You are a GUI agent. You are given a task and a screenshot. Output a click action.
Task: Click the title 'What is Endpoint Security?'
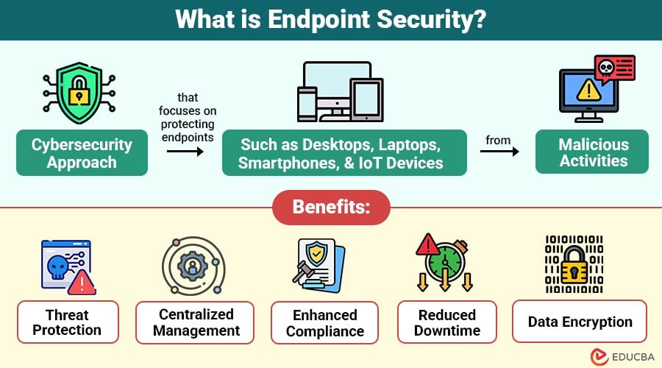pyautogui.click(x=330, y=19)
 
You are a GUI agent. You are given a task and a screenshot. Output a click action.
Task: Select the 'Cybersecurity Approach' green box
pyautogui.click(x=82, y=153)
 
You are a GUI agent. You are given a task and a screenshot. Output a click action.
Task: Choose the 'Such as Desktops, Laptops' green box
pyautogui.click(x=344, y=153)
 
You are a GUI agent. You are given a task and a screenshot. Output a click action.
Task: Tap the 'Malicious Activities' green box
pyautogui.click(x=592, y=152)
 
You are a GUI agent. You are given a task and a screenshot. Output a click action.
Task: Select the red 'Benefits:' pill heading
pyautogui.click(x=330, y=208)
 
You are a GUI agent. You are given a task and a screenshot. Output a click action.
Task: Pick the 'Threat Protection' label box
pyautogui.click(x=67, y=322)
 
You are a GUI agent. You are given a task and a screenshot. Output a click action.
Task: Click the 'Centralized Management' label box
pyautogui.click(x=195, y=322)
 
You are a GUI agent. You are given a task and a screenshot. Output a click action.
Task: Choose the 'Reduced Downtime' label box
pyautogui.click(x=447, y=322)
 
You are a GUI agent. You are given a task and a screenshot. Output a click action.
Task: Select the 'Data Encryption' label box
pyautogui.click(x=580, y=322)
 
